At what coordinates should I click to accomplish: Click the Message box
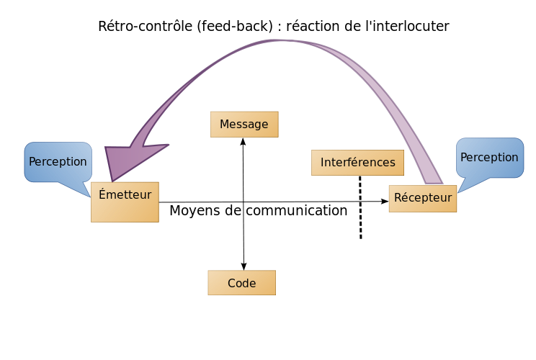tap(244, 124)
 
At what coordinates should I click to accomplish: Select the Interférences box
tap(357, 162)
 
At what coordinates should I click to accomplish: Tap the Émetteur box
tap(125, 202)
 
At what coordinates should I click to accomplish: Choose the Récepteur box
tap(423, 198)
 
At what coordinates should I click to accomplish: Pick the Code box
tap(241, 283)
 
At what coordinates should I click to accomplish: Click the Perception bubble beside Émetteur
tap(58, 161)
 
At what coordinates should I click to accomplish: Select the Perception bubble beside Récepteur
tap(489, 157)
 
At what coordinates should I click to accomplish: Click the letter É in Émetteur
tap(102, 194)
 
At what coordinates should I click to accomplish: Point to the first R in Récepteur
tap(398, 198)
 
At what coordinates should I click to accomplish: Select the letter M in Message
tap(224, 125)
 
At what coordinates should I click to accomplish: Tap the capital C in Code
tap(231, 284)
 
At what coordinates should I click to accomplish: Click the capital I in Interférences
tap(322, 163)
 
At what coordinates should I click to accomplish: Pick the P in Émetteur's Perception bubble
tap(32, 162)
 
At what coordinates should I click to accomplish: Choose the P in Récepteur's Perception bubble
tap(464, 158)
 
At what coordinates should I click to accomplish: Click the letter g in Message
tap(256, 126)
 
